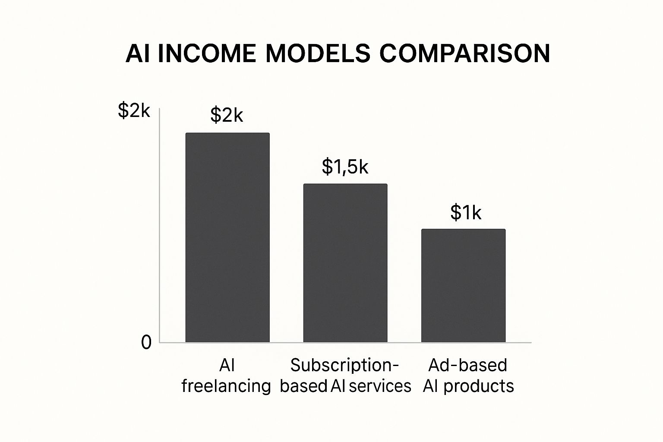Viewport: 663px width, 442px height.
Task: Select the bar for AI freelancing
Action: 227,237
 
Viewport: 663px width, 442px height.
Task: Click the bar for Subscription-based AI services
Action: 345,263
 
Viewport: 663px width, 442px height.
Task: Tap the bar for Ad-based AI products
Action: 463,285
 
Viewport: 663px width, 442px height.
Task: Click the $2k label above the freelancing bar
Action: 227,115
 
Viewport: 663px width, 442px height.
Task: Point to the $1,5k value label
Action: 345,167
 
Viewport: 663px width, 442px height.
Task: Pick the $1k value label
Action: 465,212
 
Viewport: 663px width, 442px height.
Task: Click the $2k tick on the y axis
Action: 134,111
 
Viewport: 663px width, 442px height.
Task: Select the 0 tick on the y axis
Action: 146,343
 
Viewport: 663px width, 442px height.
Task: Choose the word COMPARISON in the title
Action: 465,54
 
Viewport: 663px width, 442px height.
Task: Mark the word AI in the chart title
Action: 138,54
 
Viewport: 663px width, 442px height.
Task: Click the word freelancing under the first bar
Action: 226,385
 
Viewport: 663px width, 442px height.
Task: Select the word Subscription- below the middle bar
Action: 344,365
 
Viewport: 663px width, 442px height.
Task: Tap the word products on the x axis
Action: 479,385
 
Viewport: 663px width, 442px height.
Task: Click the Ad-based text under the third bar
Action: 467,365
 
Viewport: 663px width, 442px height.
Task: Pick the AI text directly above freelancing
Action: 227,365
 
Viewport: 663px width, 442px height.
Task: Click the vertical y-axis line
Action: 160,224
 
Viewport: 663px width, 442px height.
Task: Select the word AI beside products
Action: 430,385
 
